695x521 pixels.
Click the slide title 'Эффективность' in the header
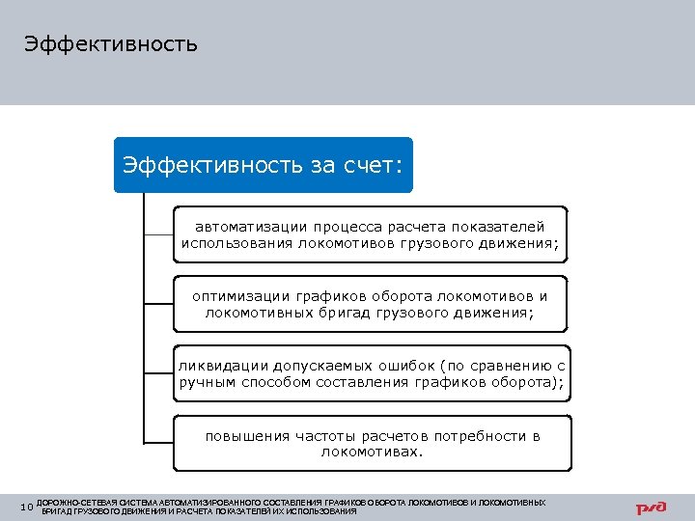point(111,44)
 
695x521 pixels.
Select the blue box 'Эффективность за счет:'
point(263,164)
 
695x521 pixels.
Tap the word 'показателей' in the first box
point(503,226)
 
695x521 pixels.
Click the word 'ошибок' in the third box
point(403,366)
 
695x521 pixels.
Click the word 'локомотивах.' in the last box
point(373,452)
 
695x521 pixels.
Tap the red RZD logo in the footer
point(652,507)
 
